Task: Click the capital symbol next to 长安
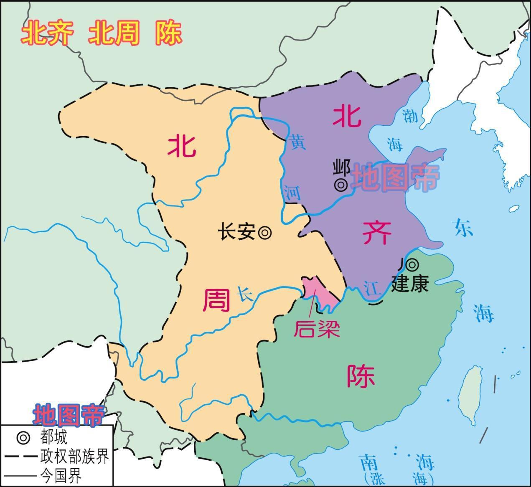265,233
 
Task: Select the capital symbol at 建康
412,264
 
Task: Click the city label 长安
237,232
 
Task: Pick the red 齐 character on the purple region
377,233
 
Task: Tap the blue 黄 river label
298,142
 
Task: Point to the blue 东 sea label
464,228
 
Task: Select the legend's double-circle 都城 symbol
23,438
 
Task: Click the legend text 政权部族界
75,457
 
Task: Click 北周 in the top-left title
113,33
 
